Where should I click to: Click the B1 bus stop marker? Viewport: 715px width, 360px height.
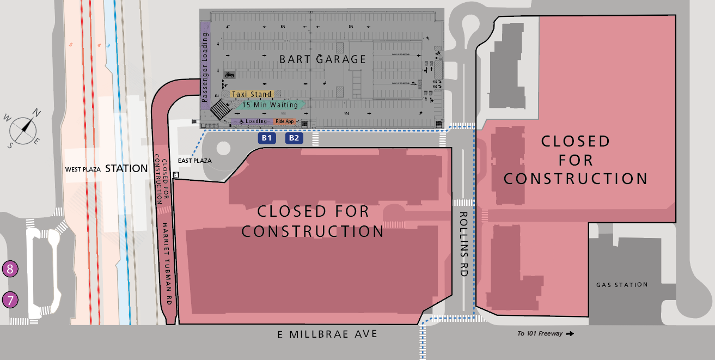pos(266,138)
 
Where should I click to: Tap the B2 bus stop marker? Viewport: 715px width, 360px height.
pos(294,138)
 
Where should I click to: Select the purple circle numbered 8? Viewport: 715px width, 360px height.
pos(10,269)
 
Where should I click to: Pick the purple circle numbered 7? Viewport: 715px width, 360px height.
pos(10,300)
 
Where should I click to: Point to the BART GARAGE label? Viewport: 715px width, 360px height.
pos(323,59)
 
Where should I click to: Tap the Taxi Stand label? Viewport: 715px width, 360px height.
pos(252,95)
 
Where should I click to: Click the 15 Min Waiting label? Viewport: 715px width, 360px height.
pos(271,105)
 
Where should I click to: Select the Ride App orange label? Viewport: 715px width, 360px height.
pos(285,121)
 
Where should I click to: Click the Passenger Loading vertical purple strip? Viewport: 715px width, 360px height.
pos(205,65)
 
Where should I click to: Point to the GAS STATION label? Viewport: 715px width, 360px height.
pos(622,285)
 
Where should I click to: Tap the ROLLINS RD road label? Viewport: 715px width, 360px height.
pos(463,245)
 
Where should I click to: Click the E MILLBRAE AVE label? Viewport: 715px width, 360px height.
pos(327,334)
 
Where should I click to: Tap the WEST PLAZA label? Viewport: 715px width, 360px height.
pos(83,169)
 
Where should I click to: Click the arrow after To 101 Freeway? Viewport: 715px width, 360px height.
pos(570,334)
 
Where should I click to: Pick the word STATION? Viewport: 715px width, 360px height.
pos(126,168)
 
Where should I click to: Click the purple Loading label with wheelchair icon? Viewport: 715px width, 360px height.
pos(252,121)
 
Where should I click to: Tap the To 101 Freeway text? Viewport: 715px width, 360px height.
pos(540,334)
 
